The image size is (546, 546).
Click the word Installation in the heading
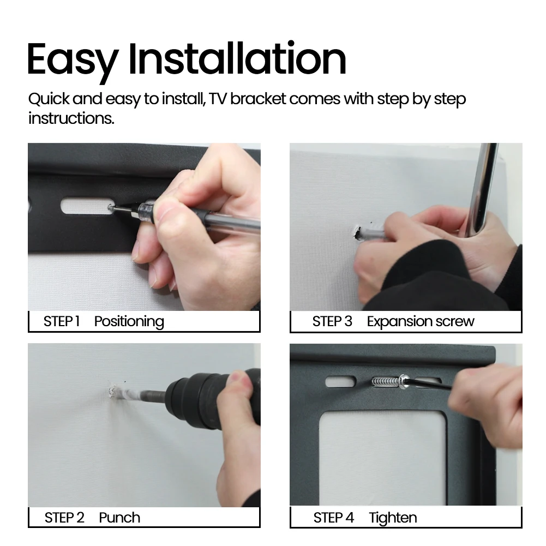point(237,58)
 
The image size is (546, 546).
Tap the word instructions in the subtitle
point(71,118)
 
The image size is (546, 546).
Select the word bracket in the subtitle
point(258,99)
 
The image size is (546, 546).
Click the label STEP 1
point(62,321)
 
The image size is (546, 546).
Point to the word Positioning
point(129,322)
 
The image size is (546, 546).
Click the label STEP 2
point(64,518)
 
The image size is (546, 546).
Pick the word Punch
point(119,518)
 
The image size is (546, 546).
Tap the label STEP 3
point(332,321)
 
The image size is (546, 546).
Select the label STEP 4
point(334,518)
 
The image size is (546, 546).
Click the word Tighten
point(393,518)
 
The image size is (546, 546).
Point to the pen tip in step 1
point(110,208)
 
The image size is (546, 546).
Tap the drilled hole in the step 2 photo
point(112,391)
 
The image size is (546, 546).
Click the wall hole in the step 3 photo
point(357,232)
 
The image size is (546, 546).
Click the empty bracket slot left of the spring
point(340,382)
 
